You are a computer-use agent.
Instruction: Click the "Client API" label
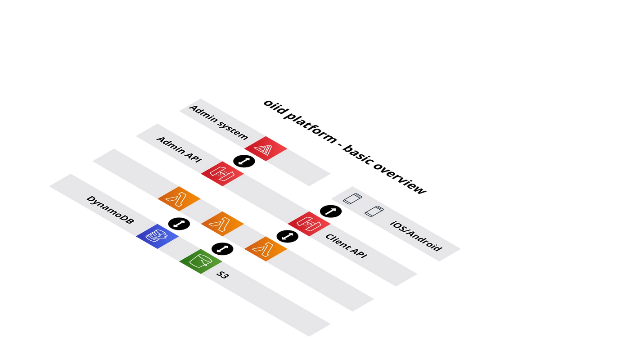point(346,246)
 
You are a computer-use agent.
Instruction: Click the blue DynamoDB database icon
point(157,236)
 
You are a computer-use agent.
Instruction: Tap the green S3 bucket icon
point(201,261)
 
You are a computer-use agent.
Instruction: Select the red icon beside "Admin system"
point(266,148)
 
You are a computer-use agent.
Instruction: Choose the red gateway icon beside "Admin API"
point(222,173)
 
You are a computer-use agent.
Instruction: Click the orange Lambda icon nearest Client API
point(266,248)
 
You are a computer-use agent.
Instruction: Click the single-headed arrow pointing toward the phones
point(330,211)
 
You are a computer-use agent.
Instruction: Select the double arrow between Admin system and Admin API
point(244,161)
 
